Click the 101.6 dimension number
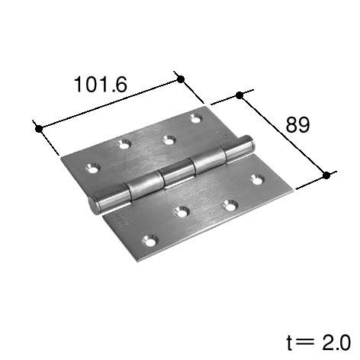101,84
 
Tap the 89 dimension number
297,124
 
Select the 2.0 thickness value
337,342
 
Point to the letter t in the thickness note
290,342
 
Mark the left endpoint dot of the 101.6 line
39,129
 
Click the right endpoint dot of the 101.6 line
181,79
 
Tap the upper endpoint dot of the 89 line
239,95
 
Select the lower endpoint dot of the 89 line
326,175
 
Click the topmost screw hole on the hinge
196,118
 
